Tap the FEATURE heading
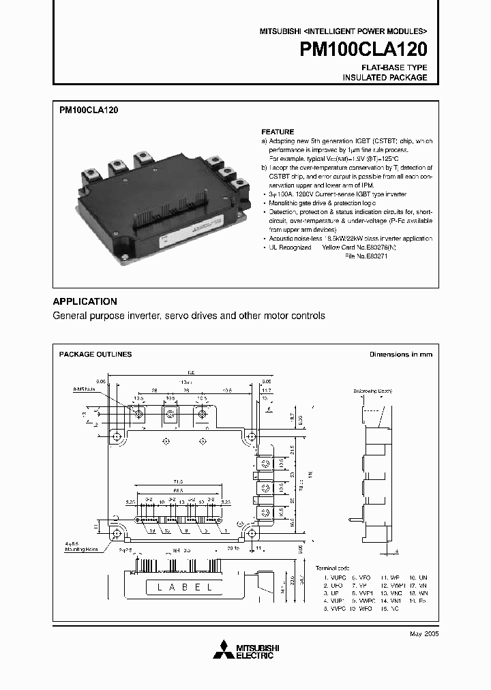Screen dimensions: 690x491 click(x=278, y=132)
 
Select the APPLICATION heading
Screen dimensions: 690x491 click(x=85, y=301)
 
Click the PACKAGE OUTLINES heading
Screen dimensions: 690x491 click(x=95, y=355)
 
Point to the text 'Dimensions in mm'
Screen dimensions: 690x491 click(x=400, y=355)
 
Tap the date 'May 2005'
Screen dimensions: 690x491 click(x=423, y=633)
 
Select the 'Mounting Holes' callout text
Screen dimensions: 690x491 click(x=82, y=548)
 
